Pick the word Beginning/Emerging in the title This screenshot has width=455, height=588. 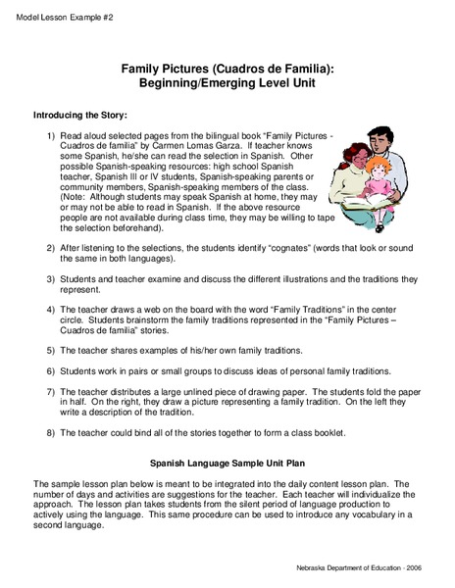tap(197, 85)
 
